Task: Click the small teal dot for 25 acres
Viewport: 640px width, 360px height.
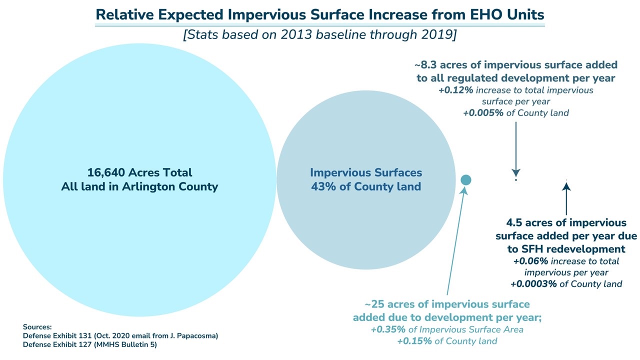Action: click(465, 179)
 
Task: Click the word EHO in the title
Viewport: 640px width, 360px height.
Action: click(482, 14)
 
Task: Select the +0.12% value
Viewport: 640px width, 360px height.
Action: click(455, 90)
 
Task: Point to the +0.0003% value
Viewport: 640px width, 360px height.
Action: click(532, 284)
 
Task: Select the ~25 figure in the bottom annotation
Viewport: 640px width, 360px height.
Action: click(376, 304)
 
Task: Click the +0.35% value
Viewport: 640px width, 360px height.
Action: click(387, 329)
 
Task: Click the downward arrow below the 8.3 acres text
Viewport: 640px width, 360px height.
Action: click(516, 150)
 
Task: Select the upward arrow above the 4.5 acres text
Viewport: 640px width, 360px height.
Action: click(566, 197)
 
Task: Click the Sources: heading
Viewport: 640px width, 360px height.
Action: click(37, 326)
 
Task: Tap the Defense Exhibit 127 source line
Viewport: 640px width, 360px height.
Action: click(93, 344)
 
